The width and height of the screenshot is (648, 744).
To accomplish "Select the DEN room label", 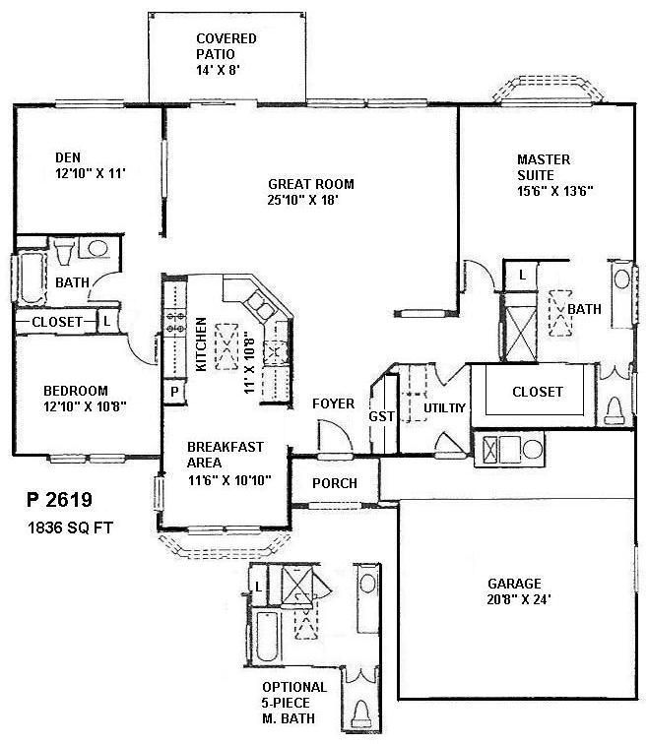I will click(68, 156).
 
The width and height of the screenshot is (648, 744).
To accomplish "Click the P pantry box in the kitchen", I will click(174, 391).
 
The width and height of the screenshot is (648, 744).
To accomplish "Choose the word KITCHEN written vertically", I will click(201, 343).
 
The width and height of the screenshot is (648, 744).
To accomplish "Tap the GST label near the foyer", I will click(381, 416).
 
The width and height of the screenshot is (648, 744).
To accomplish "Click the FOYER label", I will click(333, 403).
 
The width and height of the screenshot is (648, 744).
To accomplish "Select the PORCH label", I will click(334, 483).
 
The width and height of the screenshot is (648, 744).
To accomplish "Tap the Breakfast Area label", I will click(226, 454).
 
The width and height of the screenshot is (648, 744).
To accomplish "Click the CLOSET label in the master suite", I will click(538, 392).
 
